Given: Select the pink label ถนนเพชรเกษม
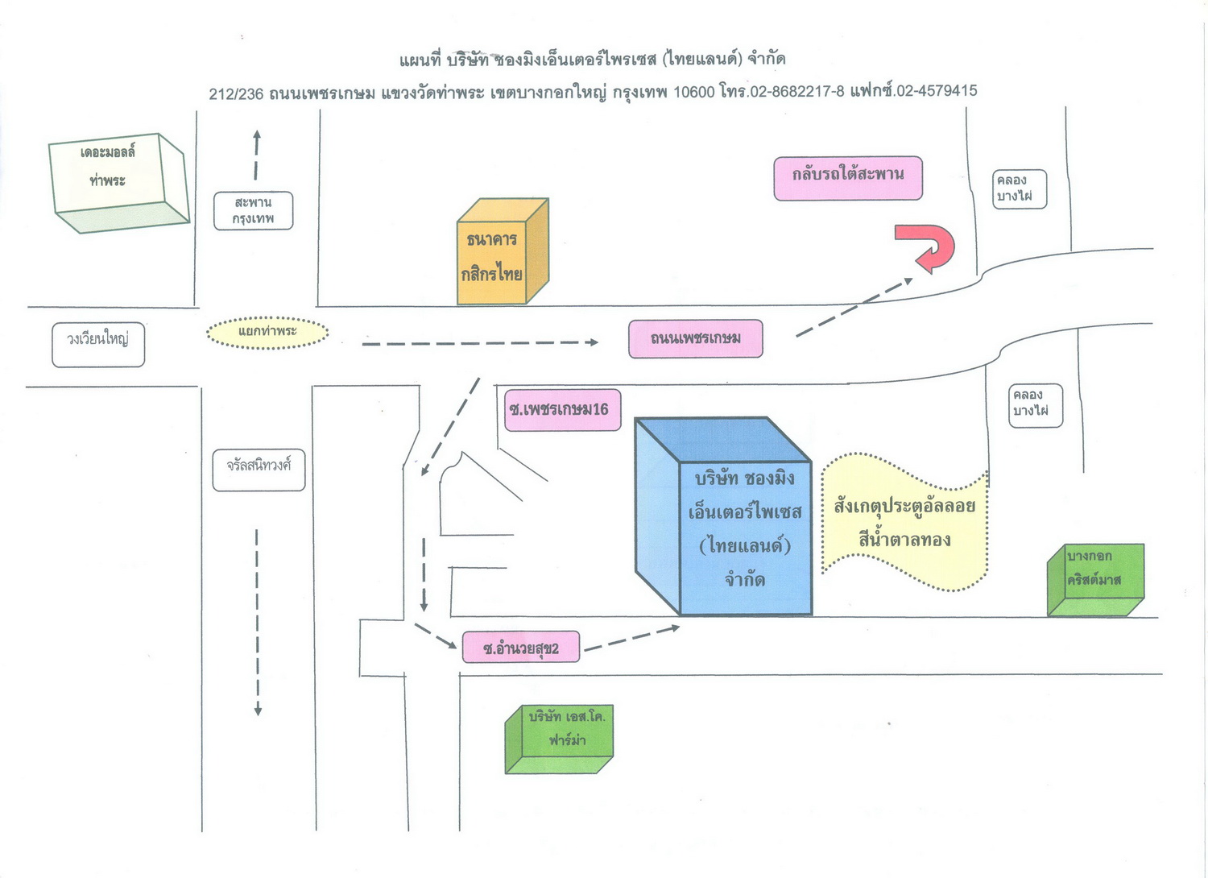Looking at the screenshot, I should click(695, 338).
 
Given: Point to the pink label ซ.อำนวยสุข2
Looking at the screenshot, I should click(520, 648).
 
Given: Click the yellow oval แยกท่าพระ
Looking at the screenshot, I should click(267, 332).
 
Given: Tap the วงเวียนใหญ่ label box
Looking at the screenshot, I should click(98, 346).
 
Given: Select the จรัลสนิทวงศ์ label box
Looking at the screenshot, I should click(259, 470).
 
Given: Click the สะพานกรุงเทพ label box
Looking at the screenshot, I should click(253, 211).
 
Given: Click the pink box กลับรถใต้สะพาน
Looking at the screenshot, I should click(848, 178).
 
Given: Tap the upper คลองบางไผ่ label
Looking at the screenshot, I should click(1019, 189).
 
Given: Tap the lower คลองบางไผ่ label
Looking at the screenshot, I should click(1035, 404).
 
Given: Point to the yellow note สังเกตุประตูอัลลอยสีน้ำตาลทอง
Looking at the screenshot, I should click(904, 522).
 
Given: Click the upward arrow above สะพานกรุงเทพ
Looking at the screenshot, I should click(257, 153).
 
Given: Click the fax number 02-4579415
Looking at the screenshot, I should click(937, 91).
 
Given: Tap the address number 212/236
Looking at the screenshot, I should click(236, 94).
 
